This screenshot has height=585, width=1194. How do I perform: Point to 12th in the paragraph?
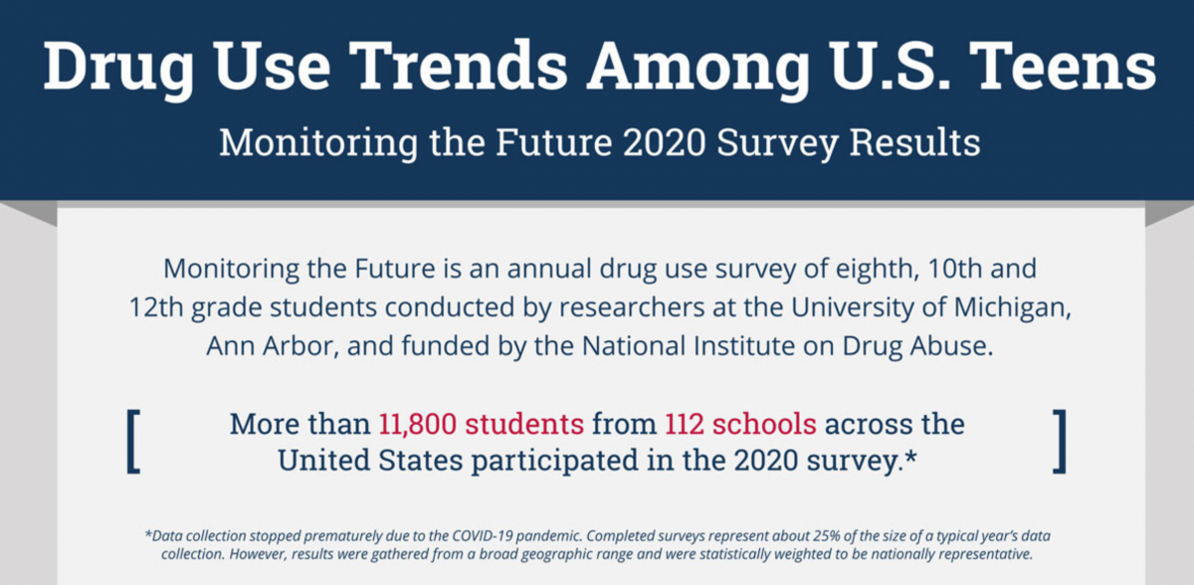[x=156, y=307]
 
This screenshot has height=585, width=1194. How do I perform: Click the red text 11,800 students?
[x=481, y=425]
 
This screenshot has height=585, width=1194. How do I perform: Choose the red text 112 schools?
[x=741, y=425]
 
